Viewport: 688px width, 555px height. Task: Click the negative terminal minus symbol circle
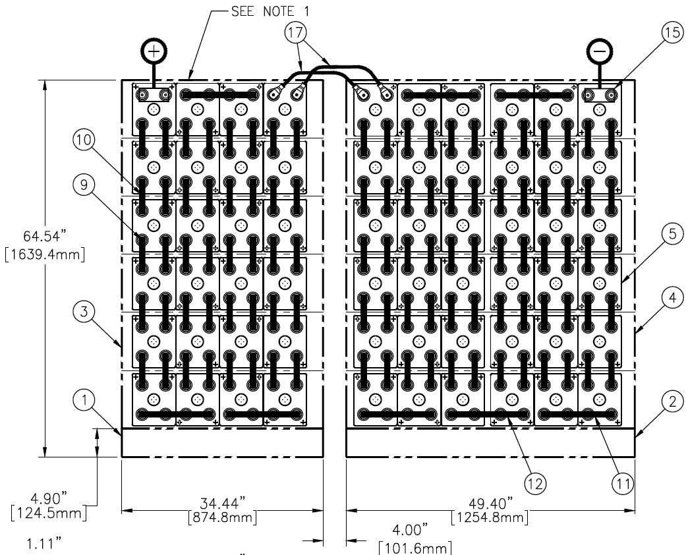point(599,50)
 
